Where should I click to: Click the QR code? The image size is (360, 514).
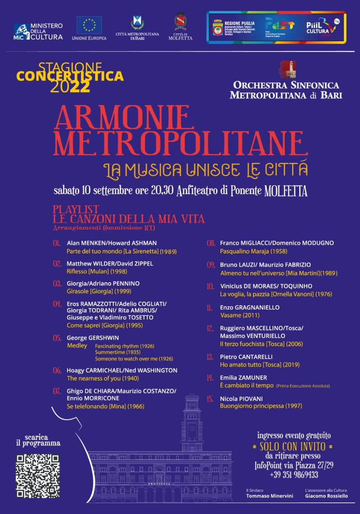pos(38,476)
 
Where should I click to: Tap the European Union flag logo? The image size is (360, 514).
pos(89,25)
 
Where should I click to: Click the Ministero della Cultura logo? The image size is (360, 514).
pos(38,31)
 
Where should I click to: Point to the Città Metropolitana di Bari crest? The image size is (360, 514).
pos(137,23)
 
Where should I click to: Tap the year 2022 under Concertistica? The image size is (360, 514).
pos(70,87)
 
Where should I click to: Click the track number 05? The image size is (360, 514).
pos(57,338)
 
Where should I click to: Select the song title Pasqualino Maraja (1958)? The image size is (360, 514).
pos(253,251)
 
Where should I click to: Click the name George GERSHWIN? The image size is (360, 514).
pos(93,338)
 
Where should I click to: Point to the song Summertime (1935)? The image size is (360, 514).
pos(117,352)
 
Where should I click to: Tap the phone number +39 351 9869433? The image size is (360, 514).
pos(294,475)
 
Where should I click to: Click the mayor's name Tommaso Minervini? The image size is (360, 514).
pos(269,496)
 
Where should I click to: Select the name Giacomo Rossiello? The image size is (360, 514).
pos(326,496)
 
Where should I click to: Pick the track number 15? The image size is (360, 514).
pos(210,399)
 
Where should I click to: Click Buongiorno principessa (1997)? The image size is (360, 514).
pos(261,406)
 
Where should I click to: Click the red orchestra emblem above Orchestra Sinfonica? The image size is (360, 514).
pos(287,69)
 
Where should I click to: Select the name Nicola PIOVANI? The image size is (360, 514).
pos(241,399)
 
